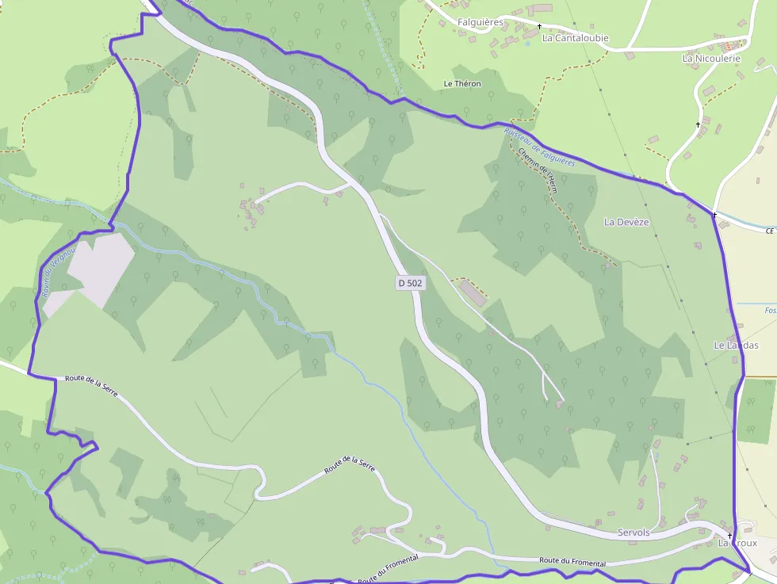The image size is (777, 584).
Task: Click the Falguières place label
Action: (480, 22)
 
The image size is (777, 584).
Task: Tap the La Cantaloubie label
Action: (575, 37)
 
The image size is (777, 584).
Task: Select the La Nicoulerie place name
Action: (711, 58)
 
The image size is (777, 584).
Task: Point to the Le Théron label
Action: (462, 83)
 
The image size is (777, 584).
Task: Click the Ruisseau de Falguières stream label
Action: (539, 147)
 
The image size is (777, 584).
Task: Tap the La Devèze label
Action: (626, 222)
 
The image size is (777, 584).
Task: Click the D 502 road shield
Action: (409, 282)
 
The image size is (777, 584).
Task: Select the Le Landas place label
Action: (736, 345)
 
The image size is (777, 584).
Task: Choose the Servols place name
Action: (633, 532)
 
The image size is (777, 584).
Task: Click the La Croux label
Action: (737, 544)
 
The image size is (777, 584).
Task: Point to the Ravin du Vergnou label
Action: (55, 274)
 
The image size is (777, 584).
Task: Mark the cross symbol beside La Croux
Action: (729, 536)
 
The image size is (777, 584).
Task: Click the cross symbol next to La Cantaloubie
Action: (540, 27)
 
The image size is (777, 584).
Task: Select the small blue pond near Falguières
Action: (527, 44)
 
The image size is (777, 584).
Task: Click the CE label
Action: (769, 231)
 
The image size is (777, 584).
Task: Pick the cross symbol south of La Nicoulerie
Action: (698, 124)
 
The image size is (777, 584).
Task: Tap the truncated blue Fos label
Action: (770, 311)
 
